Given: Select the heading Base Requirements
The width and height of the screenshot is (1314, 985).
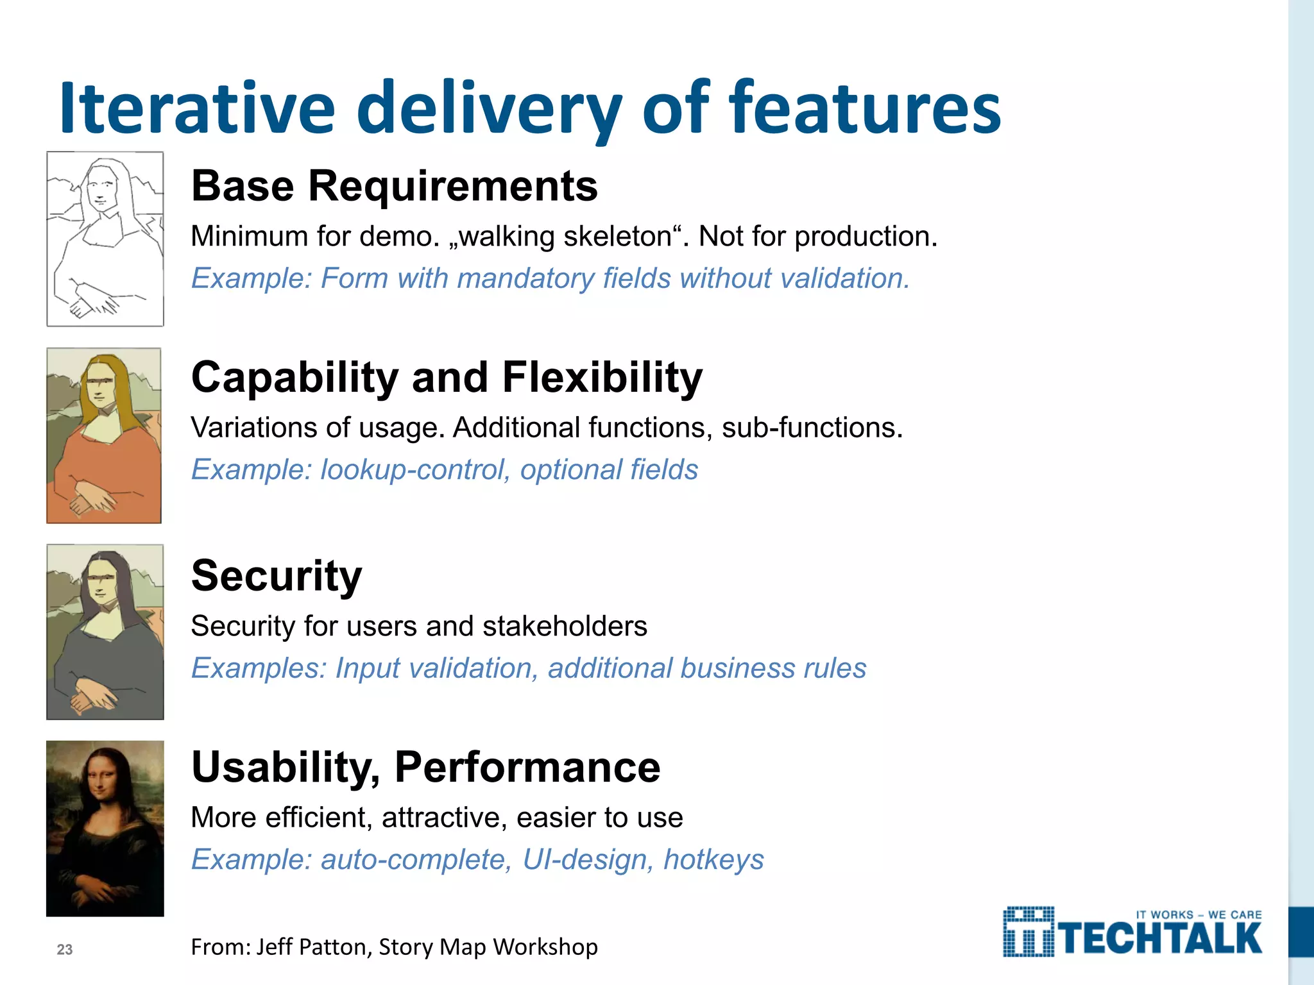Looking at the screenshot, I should coord(394,186).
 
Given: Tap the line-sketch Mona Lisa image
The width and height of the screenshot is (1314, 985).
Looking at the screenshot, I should coord(105,239).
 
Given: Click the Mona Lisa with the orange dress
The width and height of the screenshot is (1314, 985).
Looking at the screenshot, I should coord(104,435).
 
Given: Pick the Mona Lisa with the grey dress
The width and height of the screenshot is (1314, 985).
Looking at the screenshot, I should coord(105,632).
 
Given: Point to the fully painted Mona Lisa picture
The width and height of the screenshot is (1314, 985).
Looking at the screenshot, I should coord(105,828).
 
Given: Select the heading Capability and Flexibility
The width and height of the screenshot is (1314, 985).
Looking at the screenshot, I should coord(447,377).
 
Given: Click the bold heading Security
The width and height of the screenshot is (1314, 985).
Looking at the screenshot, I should coord(277,575).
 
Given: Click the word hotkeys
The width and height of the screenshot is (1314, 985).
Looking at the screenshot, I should coord(713,859).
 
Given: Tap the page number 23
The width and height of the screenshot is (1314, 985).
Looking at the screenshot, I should coord(65,950).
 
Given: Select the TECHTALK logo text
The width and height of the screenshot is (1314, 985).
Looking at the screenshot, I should coord(1161,939).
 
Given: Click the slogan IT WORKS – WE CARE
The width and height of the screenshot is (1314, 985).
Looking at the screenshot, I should coord(1199,914).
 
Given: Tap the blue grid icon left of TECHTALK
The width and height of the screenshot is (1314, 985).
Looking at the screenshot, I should coord(1028,932).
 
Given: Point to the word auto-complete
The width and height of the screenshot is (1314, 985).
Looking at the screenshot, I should coord(416,859).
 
